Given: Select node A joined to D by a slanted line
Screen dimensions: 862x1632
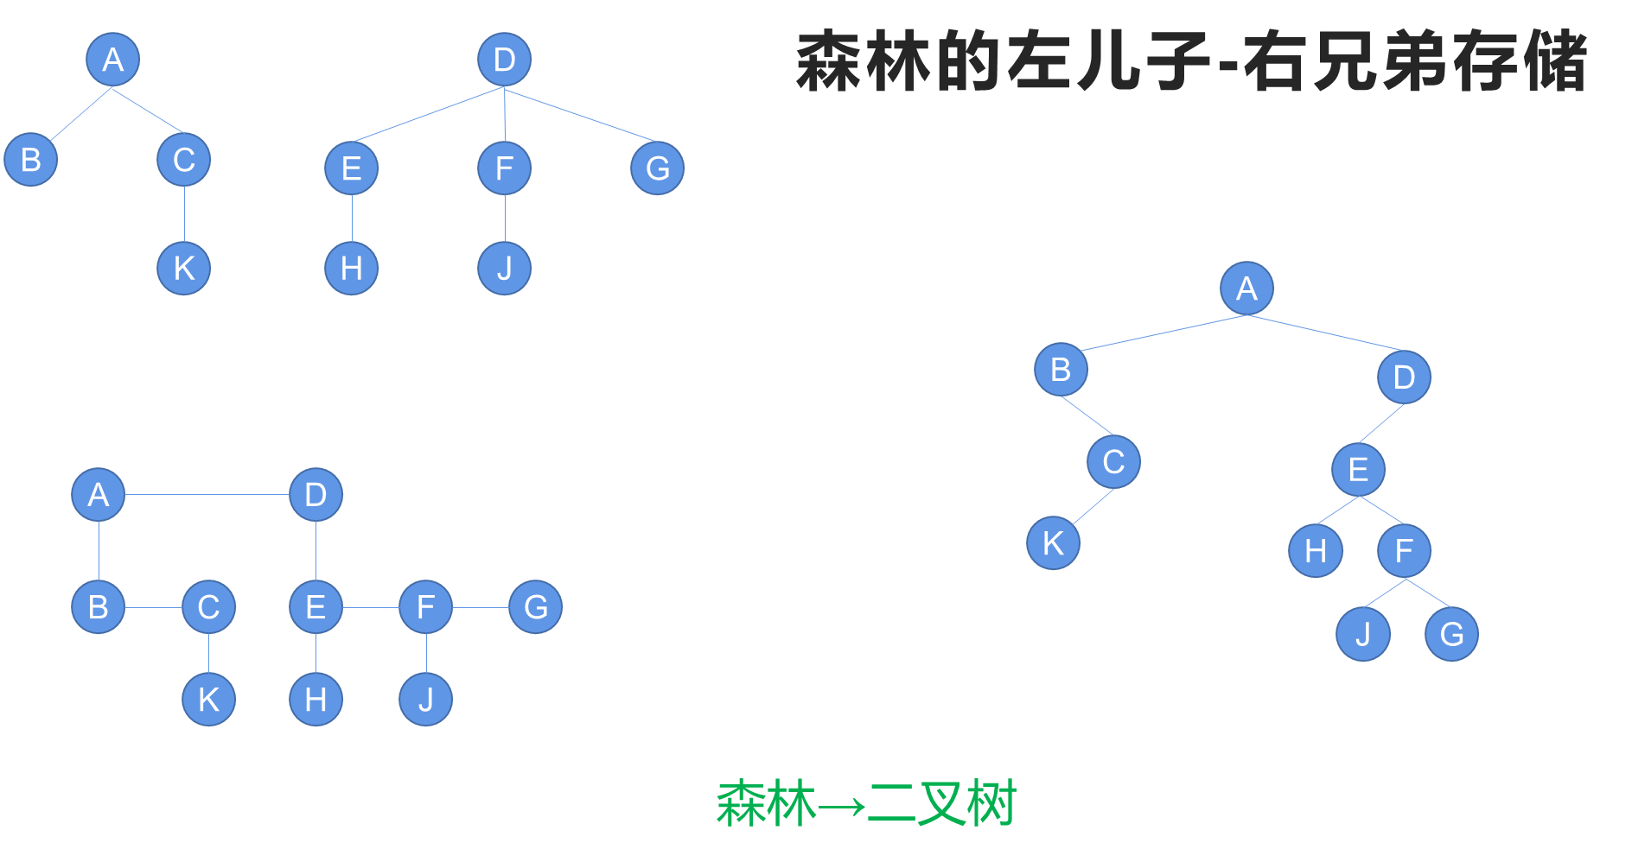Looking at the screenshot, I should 1246,288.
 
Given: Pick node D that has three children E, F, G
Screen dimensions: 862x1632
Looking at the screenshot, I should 504,60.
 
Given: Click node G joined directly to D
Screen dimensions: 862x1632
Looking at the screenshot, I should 657,168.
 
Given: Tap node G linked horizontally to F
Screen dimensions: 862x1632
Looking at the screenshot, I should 535,607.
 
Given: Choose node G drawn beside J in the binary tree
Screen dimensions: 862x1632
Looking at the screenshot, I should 1451,634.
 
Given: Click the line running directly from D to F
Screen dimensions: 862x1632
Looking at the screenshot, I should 505,114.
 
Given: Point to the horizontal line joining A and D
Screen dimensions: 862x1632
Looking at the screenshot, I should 207,495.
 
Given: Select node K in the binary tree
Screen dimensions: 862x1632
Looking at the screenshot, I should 1053,543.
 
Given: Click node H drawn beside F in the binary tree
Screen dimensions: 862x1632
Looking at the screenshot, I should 1315,550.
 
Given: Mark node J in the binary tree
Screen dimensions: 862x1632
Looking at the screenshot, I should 1362,634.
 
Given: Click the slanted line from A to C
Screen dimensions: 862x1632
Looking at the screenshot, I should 148,110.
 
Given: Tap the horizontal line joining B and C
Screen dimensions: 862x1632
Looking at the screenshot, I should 153,607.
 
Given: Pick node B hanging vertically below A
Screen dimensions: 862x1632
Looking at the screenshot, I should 98,607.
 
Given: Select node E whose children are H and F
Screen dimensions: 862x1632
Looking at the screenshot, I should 1358,470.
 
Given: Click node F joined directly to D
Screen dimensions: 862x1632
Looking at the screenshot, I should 504,168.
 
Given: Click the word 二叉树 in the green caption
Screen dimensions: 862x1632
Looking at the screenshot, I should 942,804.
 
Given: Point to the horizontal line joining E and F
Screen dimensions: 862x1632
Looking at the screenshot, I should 371,607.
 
